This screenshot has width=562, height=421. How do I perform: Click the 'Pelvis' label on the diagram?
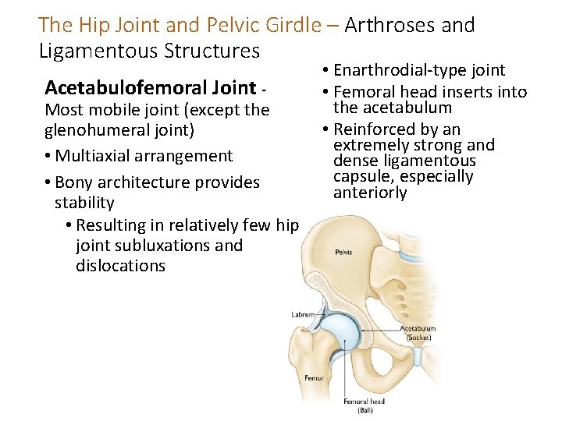tap(343, 253)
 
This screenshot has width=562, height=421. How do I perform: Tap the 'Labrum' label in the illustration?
tap(302, 314)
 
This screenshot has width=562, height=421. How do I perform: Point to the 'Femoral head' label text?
tap(365, 402)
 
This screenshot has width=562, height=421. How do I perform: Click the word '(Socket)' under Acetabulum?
tap(418, 338)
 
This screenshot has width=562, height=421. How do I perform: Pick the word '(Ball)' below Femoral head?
tap(365, 409)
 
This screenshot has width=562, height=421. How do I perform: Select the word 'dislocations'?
tap(120, 265)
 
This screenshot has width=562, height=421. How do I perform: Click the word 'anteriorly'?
tap(370, 193)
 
